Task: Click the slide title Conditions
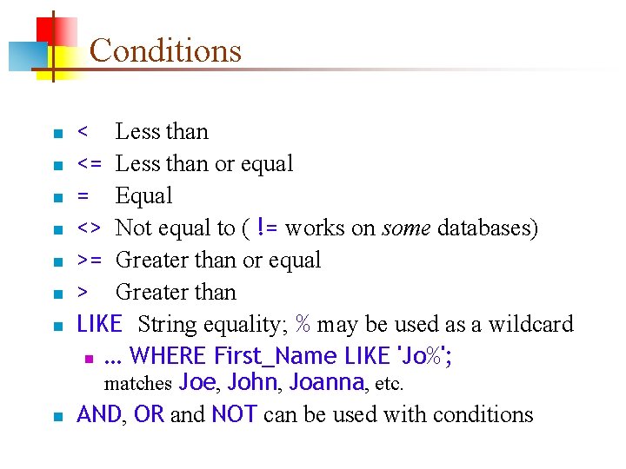tap(165, 50)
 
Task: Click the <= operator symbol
tap(90, 164)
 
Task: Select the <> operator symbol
tap(90, 228)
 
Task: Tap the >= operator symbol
tap(90, 261)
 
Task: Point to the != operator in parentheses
tap(268, 228)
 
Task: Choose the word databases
tap(487, 228)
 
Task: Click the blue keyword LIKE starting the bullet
tap(99, 325)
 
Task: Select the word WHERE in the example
tap(167, 356)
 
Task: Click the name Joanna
tap(327, 382)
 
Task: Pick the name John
tap(252, 382)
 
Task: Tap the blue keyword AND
tap(99, 415)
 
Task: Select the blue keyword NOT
tap(233, 415)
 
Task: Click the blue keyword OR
tap(149, 415)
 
